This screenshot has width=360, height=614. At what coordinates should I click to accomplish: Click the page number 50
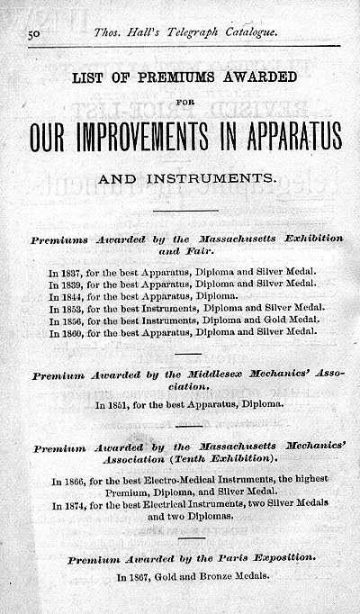(37, 33)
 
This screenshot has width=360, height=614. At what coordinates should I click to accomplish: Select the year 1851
(118, 405)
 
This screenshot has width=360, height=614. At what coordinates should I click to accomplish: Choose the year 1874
(75, 505)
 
